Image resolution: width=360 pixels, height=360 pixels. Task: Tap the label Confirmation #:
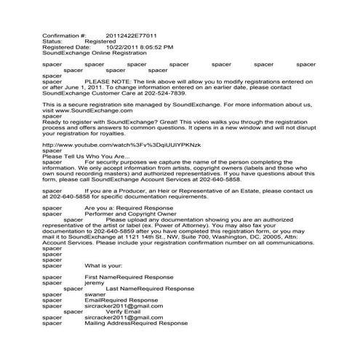tap(64, 34)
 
